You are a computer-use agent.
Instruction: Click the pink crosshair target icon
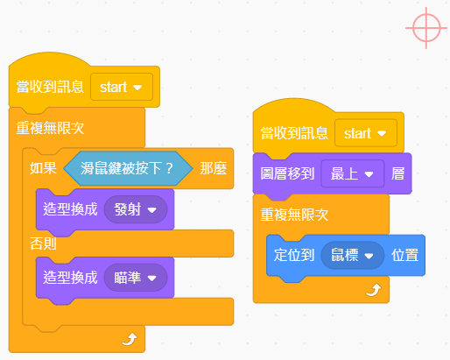(426, 28)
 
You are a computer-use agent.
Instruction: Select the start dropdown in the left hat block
(122, 87)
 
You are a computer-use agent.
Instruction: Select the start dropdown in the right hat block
(366, 133)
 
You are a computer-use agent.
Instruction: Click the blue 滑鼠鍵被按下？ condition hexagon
(128, 168)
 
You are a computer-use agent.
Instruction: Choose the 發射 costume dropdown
(136, 209)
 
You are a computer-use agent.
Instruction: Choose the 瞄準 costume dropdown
(136, 278)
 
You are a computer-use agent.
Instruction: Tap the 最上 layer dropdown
(353, 174)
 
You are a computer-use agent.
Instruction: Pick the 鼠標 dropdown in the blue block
(353, 256)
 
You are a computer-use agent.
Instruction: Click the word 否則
(43, 244)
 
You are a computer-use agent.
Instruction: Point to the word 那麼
(214, 168)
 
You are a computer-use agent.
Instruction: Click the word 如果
(43, 168)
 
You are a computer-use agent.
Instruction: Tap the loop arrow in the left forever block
(130, 340)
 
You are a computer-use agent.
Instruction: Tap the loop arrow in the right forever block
(374, 290)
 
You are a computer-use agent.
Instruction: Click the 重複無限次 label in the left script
(50, 128)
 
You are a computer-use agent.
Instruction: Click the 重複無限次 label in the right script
(294, 215)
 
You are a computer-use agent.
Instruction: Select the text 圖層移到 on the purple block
(287, 174)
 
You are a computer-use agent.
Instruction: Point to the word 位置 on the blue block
(405, 256)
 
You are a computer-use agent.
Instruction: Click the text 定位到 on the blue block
(294, 256)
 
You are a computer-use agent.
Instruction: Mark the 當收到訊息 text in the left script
(50, 87)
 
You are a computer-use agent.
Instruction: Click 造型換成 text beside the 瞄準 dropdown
(70, 278)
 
